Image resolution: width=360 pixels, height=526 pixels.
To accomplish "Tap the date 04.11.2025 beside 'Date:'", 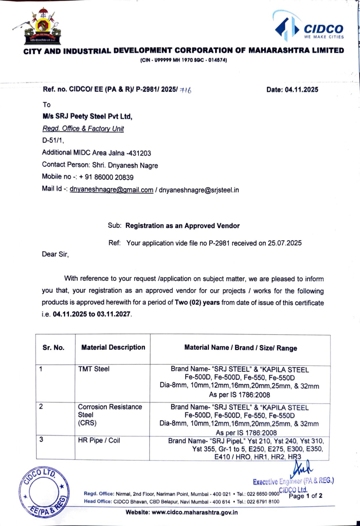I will [302, 89].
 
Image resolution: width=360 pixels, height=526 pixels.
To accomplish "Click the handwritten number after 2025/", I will [186, 90].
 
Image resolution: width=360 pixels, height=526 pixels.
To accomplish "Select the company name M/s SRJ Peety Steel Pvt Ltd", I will [87, 116].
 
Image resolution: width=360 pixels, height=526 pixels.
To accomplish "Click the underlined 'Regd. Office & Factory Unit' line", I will [83, 129].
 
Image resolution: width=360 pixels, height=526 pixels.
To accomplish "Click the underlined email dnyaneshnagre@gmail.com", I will [111, 190].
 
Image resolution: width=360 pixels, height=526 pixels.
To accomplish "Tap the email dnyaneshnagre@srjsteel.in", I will [199, 190].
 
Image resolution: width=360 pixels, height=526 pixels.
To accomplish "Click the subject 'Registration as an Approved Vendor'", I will [182, 226].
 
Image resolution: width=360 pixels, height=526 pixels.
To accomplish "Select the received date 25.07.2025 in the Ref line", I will [284, 243].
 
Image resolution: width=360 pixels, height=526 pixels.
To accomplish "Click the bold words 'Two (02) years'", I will [197, 302].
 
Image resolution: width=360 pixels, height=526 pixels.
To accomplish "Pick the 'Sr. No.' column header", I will [54, 347].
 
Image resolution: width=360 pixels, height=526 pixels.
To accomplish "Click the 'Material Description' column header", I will [113, 347].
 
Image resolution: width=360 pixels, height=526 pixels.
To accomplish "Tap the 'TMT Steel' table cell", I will [94, 369].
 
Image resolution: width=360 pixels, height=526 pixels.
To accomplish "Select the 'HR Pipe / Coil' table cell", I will [99, 440].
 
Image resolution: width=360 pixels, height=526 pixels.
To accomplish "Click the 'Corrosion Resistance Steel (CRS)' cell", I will [110, 415].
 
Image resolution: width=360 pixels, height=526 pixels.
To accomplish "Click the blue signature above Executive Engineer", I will [303, 467].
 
